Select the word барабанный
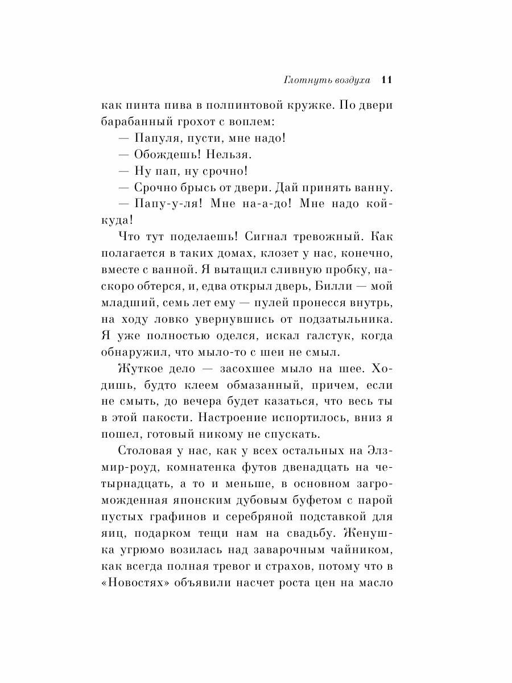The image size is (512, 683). coord(148,122)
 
